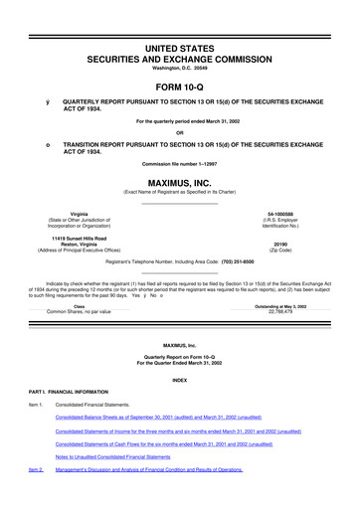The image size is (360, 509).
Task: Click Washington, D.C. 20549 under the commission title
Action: coord(180,53)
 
